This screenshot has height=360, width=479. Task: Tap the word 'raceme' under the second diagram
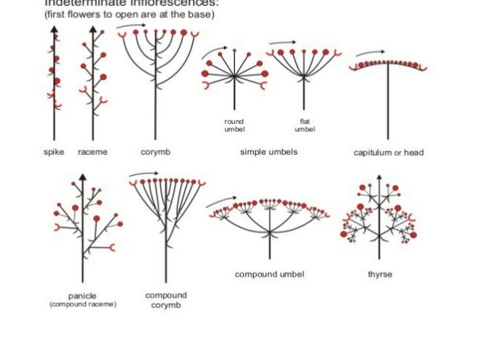pyautogui.click(x=93, y=152)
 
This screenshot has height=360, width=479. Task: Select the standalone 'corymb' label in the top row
pyautogui.click(x=155, y=152)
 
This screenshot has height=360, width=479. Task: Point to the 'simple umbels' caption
pyautogui.click(x=269, y=152)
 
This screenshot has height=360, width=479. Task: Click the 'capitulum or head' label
pyautogui.click(x=388, y=153)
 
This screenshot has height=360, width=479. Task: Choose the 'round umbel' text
pyautogui.click(x=234, y=125)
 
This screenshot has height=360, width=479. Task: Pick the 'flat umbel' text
pyautogui.click(x=305, y=125)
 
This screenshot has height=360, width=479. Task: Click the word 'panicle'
pyautogui.click(x=82, y=296)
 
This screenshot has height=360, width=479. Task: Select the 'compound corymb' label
pyautogui.click(x=165, y=300)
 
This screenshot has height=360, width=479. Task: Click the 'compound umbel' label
pyautogui.click(x=270, y=275)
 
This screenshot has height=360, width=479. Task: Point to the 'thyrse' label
pyautogui.click(x=380, y=274)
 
